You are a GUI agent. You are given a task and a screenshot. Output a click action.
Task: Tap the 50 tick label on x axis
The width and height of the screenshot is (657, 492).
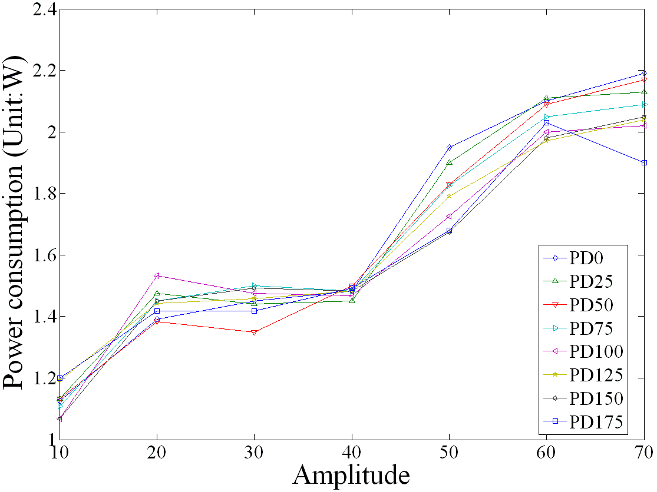point(449,452)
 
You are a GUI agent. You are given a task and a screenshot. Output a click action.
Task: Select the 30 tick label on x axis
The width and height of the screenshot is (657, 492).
point(254,452)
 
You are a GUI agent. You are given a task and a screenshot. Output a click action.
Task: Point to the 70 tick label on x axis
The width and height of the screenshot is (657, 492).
point(642,452)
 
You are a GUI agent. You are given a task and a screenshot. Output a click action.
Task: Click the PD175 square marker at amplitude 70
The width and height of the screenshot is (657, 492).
point(645,162)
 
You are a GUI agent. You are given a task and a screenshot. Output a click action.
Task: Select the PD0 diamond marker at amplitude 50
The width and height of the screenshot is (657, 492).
point(449,147)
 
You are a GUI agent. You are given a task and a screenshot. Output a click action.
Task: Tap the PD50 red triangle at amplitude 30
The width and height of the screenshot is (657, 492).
point(254,333)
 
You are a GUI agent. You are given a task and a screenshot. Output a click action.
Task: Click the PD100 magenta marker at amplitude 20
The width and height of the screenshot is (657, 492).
point(157,275)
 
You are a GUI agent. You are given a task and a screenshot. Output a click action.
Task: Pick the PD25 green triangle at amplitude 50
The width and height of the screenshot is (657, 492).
point(449,162)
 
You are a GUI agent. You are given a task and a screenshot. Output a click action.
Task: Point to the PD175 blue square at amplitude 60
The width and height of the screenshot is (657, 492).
point(547,122)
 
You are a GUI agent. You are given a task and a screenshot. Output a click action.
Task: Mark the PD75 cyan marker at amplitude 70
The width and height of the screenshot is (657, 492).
point(645,104)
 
